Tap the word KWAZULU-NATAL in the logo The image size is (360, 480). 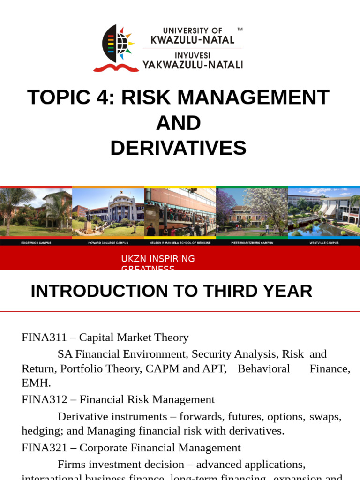click(x=192, y=40)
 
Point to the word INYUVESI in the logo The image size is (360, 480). click(x=193, y=55)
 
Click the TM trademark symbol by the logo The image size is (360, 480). click(x=240, y=30)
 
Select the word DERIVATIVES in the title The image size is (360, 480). click(x=178, y=148)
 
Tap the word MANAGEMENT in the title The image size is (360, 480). click(x=253, y=97)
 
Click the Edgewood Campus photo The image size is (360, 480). click(x=36, y=213)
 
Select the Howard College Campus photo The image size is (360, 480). click(x=108, y=213)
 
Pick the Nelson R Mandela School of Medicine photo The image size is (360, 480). click(x=180, y=213)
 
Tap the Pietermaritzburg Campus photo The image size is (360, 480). click(x=252, y=213)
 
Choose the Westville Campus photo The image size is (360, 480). click(x=324, y=213)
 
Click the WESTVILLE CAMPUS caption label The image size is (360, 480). click(x=323, y=243)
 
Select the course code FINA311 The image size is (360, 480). click(x=42, y=337)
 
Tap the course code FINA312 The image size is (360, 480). click(x=42, y=399)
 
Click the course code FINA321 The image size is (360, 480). click(x=42, y=448)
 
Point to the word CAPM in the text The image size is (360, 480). click(x=162, y=368)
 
